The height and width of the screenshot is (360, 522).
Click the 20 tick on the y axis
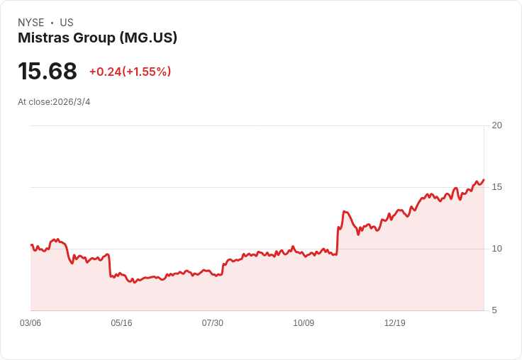pyautogui.click(x=496, y=125)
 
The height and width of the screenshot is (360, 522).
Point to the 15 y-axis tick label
pyautogui.click(x=496, y=187)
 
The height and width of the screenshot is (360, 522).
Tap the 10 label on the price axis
pyautogui.click(x=496, y=249)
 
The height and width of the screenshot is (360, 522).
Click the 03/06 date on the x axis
pyautogui.click(x=30, y=323)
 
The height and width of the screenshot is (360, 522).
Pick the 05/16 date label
pyautogui.click(x=121, y=323)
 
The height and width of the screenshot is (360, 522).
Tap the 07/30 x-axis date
pyautogui.click(x=212, y=323)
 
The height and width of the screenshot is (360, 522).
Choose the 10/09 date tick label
pyautogui.click(x=304, y=323)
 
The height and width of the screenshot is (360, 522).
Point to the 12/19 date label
pyautogui.click(x=394, y=323)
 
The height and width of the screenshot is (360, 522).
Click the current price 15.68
pyautogui.click(x=48, y=72)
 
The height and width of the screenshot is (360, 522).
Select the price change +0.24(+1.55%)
pyautogui.click(x=130, y=72)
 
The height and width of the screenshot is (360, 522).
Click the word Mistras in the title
pyautogui.click(x=42, y=38)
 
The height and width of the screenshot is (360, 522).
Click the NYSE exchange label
pyautogui.click(x=30, y=23)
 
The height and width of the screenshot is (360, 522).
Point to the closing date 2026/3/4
pyautogui.click(x=72, y=102)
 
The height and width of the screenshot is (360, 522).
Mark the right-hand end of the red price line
pyautogui.click(x=484, y=180)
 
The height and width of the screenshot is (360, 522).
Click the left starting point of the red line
pyautogui.click(x=31, y=244)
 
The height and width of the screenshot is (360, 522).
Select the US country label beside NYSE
pyautogui.click(x=67, y=23)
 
